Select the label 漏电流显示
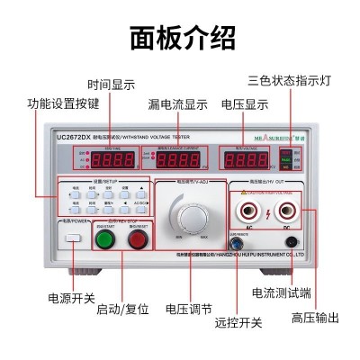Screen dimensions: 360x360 (177, 103)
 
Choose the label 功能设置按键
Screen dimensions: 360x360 (63, 103)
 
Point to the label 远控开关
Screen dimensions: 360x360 (238, 322)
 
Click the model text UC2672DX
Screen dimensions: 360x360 (75, 137)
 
